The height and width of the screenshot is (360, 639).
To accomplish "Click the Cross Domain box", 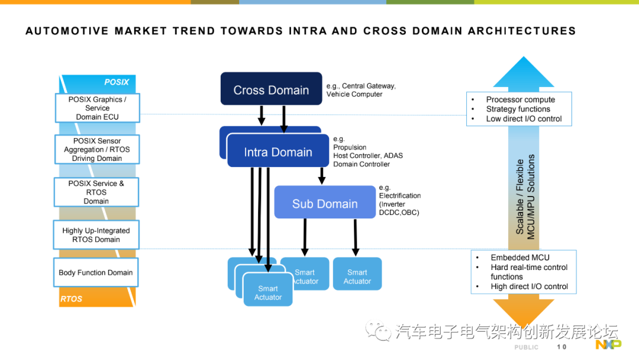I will click(271, 89).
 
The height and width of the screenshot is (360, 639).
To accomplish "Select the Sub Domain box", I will click(325, 203).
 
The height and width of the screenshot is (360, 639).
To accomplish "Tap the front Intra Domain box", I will click(278, 152).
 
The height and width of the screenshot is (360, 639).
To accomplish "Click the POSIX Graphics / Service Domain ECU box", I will click(97, 108).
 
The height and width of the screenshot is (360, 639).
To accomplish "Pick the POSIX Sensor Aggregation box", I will click(96, 149).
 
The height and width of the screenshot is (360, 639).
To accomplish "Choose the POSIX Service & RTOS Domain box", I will click(96, 192).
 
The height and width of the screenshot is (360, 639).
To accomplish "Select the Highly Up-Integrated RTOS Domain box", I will click(96, 235).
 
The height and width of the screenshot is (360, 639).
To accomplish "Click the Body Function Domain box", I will click(95, 273).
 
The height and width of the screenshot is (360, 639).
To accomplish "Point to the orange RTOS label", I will click(72, 299).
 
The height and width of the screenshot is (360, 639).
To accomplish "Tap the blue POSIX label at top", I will click(116, 82).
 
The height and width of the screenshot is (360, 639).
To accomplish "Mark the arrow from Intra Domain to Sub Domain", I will click(322, 175).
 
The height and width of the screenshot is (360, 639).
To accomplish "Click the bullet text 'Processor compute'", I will click(520, 99).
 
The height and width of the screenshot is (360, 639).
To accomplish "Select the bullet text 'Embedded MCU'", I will click(519, 258).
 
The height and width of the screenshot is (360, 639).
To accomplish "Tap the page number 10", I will click(561, 347).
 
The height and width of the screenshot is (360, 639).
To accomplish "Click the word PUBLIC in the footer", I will click(526, 347).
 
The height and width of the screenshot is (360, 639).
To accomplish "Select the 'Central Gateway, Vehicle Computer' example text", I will click(361, 90).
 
